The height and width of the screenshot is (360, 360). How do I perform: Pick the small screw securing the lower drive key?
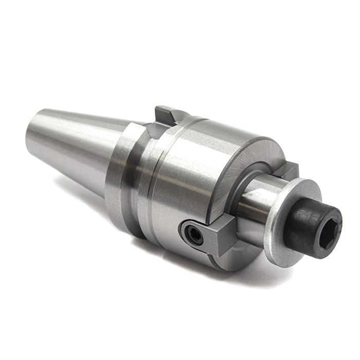pyautogui.click(x=194, y=236)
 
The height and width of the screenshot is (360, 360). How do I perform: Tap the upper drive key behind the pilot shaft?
pyautogui.click(x=289, y=170)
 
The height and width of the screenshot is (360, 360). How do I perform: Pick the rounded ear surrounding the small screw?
pyautogui.click(x=189, y=229)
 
